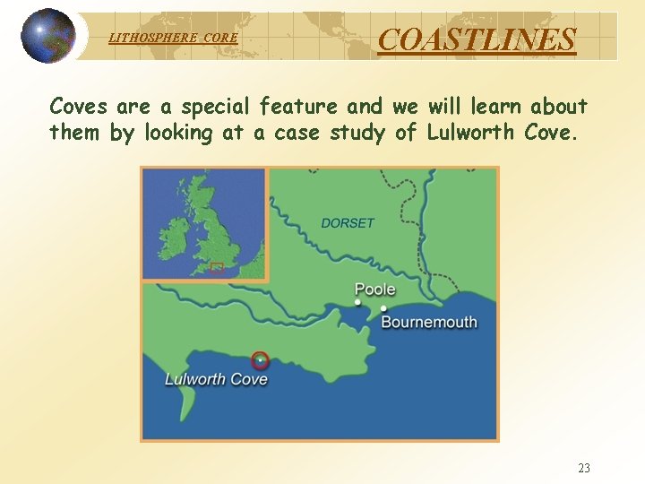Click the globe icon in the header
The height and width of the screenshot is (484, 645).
pyautogui.click(x=48, y=36)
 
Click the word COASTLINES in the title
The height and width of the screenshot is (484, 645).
pyautogui.click(x=477, y=39)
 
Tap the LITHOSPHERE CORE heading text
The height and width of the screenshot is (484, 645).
pyautogui.click(x=173, y=39)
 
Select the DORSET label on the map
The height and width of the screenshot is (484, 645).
pyautogui.click(x=348, y=223)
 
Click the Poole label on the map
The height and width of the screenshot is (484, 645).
pyautogui.click(x=375, y=289)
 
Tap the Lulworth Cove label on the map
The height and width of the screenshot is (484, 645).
pyautogui.click(x=216, y=379)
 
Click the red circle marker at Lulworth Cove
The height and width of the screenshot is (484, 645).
pyautogui.click(x=260, y=360)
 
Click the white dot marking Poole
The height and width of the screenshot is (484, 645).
pyautogui.click(x=358, y=303)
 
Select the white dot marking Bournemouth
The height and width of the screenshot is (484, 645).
pyautogui.click(x=383, y=309)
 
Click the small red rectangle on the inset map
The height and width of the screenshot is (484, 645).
pyautogui.click(x=216, y=266)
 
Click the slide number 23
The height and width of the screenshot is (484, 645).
pyautogui.click(x=584, y=468)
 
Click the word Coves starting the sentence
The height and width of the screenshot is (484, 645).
pyautogui.click(x=78, y=107)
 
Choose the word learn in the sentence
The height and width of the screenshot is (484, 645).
pyautogui.click(x=497, y=107)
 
